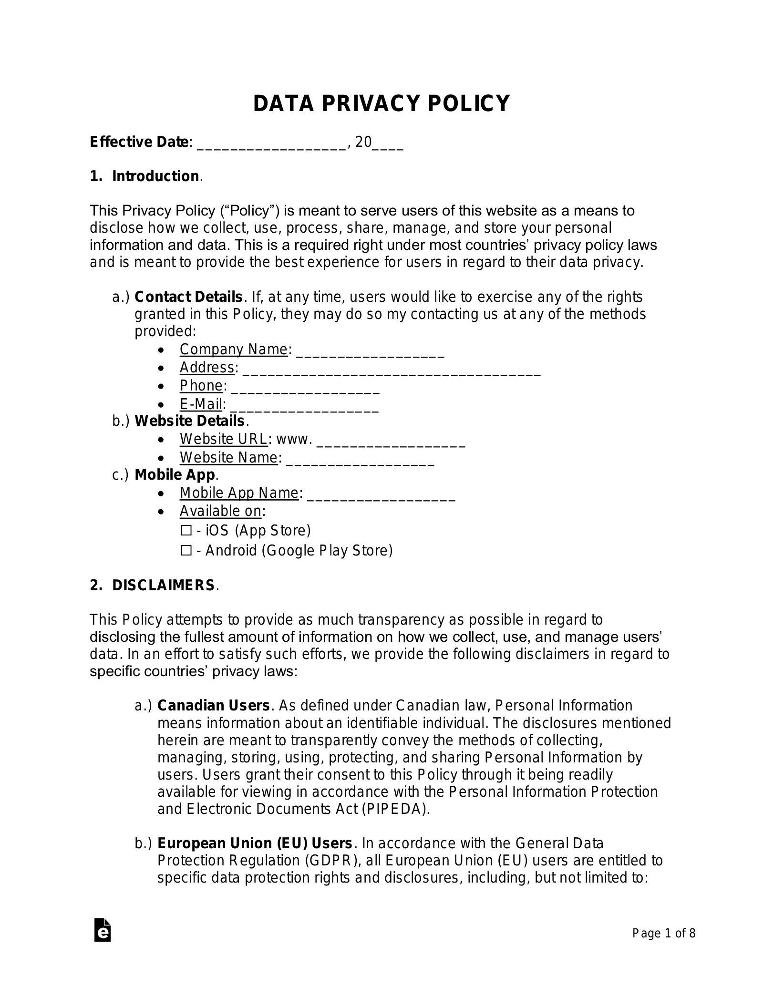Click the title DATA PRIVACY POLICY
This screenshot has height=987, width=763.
(381, 103)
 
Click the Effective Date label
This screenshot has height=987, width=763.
(140, 142)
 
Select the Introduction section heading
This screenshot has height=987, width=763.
(155, 176)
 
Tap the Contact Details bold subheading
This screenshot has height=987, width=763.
(188, 297)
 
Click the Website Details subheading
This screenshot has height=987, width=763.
(189, 421)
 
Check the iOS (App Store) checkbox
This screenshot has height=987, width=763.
(186, 531)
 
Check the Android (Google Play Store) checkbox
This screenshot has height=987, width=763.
(186, 551)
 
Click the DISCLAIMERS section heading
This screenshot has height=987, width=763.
(163, 586)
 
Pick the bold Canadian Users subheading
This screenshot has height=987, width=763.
(214, 706)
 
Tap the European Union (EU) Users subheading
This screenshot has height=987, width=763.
(255, 843)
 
